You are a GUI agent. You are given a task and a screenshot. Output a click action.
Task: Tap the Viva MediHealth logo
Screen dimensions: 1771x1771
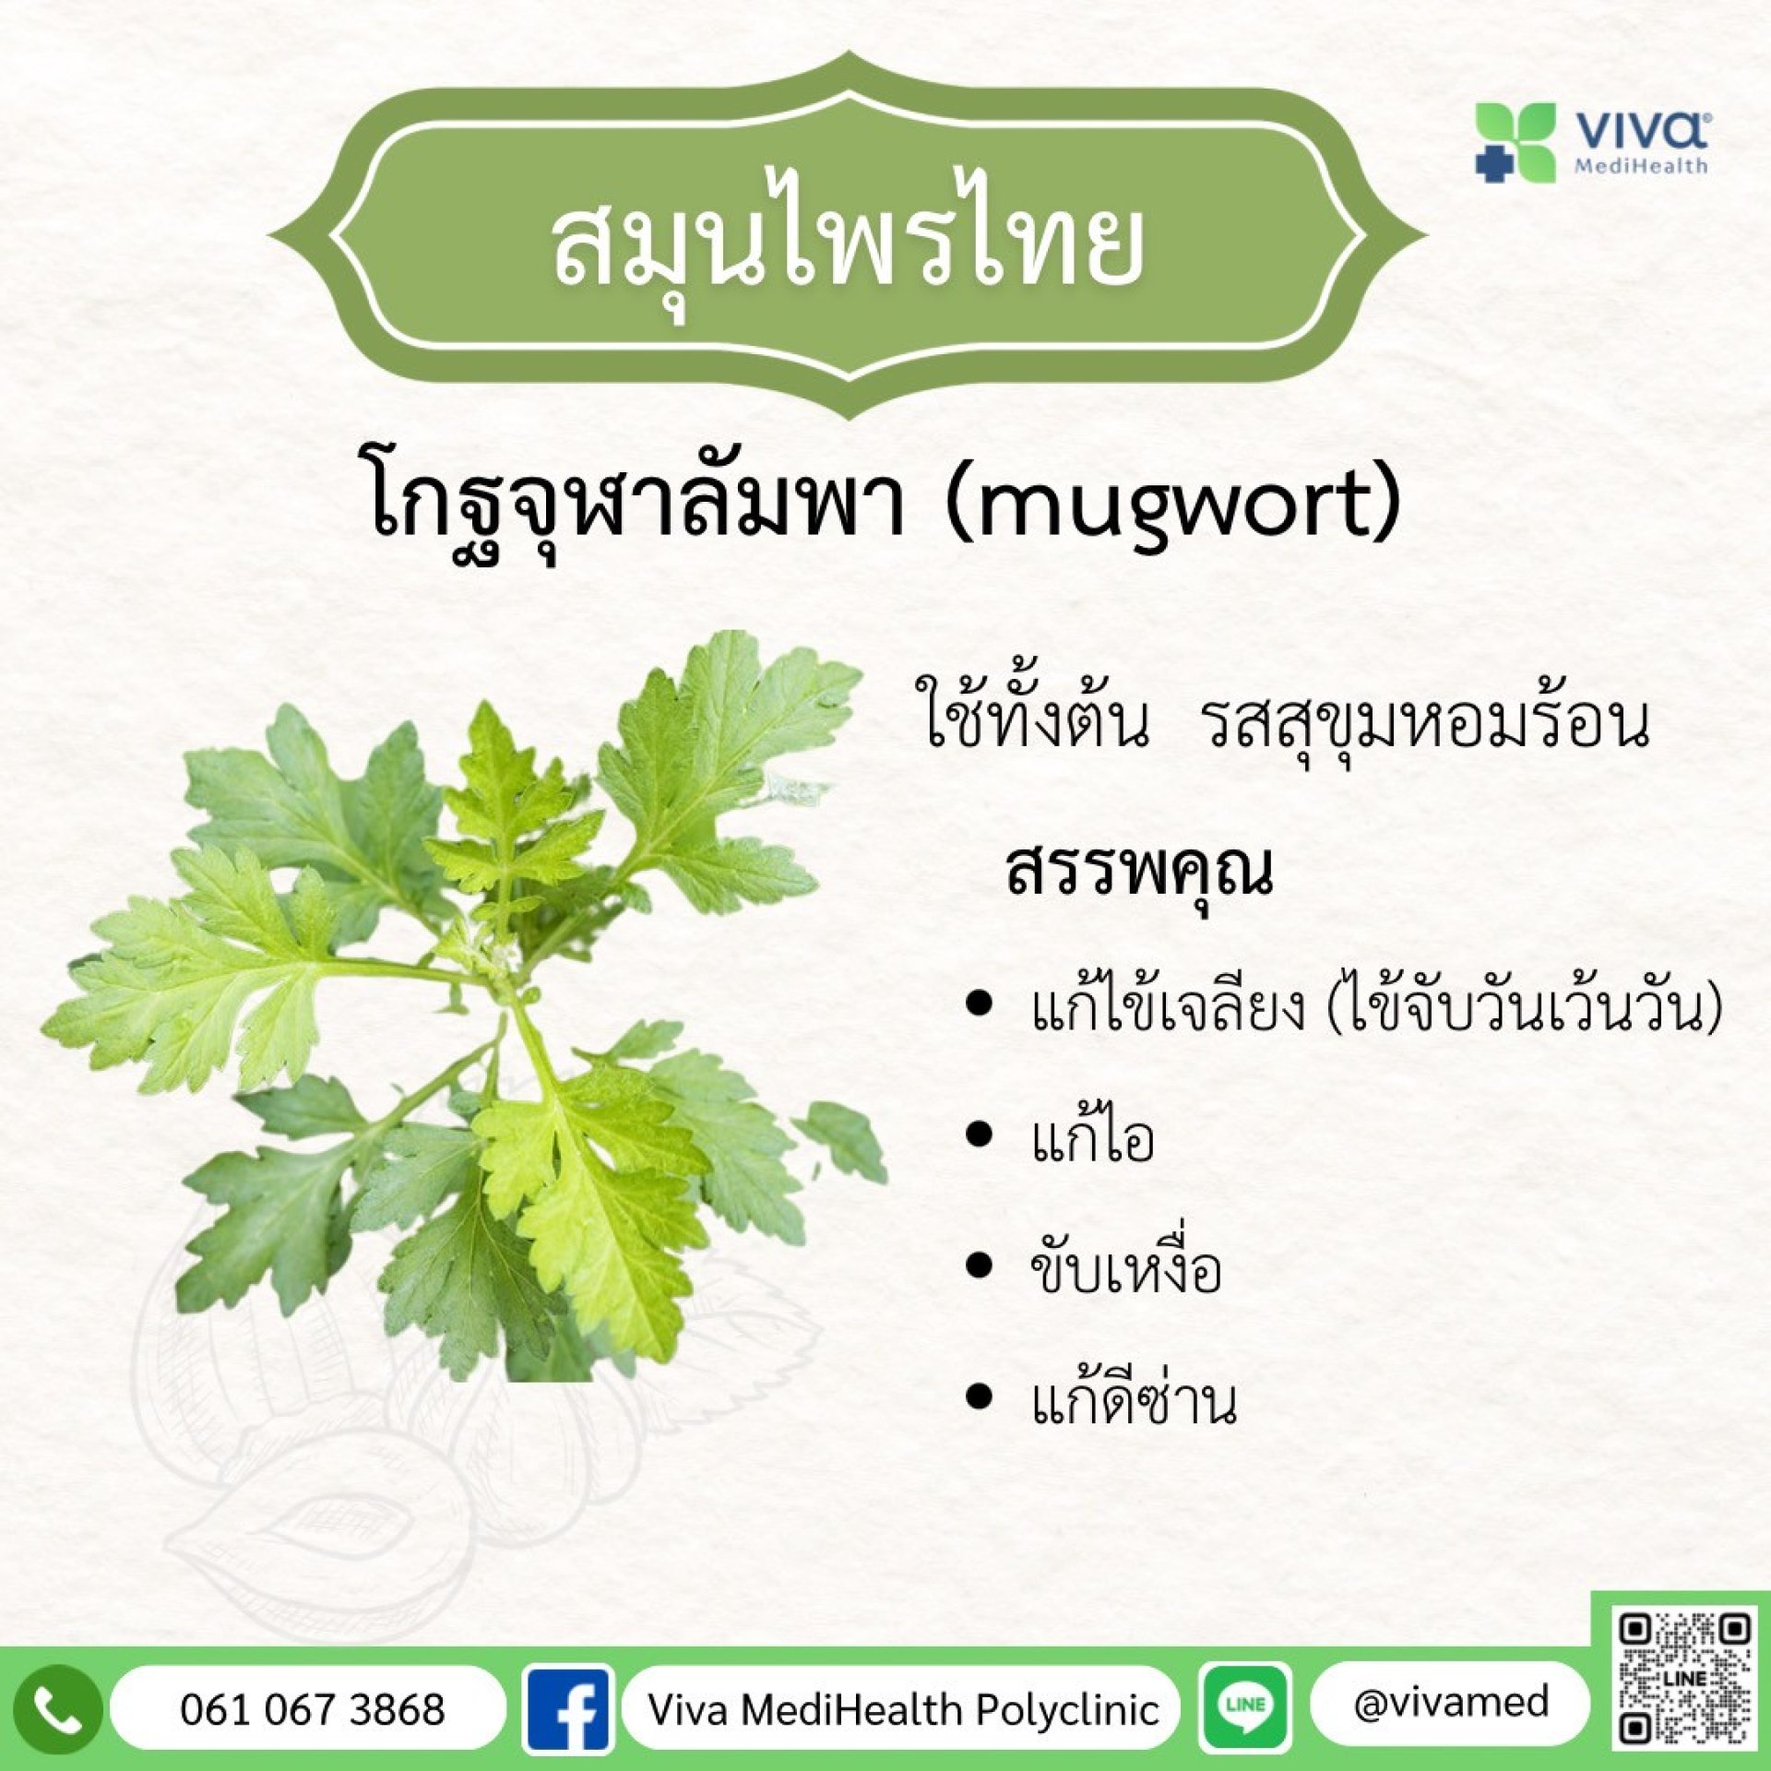1592,142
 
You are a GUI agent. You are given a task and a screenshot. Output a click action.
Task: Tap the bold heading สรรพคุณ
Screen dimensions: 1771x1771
1140,871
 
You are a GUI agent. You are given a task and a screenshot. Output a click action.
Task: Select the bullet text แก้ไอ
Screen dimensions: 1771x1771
1093,1136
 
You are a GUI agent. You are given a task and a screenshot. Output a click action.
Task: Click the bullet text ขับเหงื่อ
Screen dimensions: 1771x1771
1126,1268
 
